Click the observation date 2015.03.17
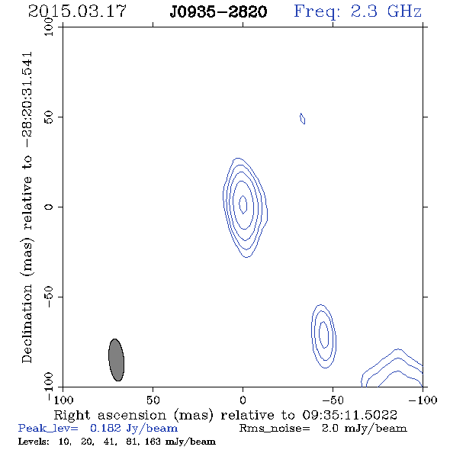point(77,11)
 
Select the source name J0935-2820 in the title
point(218,11)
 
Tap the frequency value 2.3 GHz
point(386,11)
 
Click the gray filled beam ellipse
point(116,360)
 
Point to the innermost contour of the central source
point(243,204)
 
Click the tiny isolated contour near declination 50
point(303,118)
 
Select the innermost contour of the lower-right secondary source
point(324,335)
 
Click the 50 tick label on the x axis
point(153,400)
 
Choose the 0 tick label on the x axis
point(243,400)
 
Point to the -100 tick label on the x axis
point(423,400)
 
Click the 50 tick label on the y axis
point(49,117)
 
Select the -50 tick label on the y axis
point(49,297)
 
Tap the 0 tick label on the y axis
point(49,207)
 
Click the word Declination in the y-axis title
point(27,324)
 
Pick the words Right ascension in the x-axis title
point(110,415)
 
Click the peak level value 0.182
point(105,428)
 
